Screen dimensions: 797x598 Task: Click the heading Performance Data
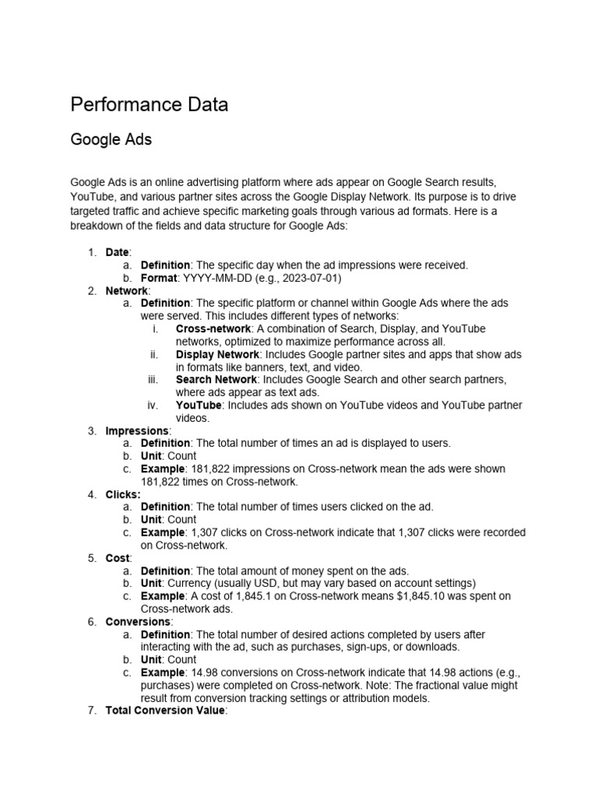tap(149, 104)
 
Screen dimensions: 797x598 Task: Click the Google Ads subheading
tap(111, 140)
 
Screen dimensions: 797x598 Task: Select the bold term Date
tap(118, 252)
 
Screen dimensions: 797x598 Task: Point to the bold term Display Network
tap(217, 354)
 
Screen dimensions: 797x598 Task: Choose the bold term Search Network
tap(216, 380)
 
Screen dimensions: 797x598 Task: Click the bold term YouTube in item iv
tap(199, 406)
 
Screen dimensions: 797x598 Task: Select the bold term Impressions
tap(136, 430)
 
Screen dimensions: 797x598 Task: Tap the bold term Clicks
tap(123, 494)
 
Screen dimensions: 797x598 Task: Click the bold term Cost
tap(118, 558)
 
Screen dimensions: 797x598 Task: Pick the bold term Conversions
tap(137, 622)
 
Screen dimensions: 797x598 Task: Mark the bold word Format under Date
tap(160, 278)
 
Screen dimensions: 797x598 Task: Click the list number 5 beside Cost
tap(91, 558)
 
